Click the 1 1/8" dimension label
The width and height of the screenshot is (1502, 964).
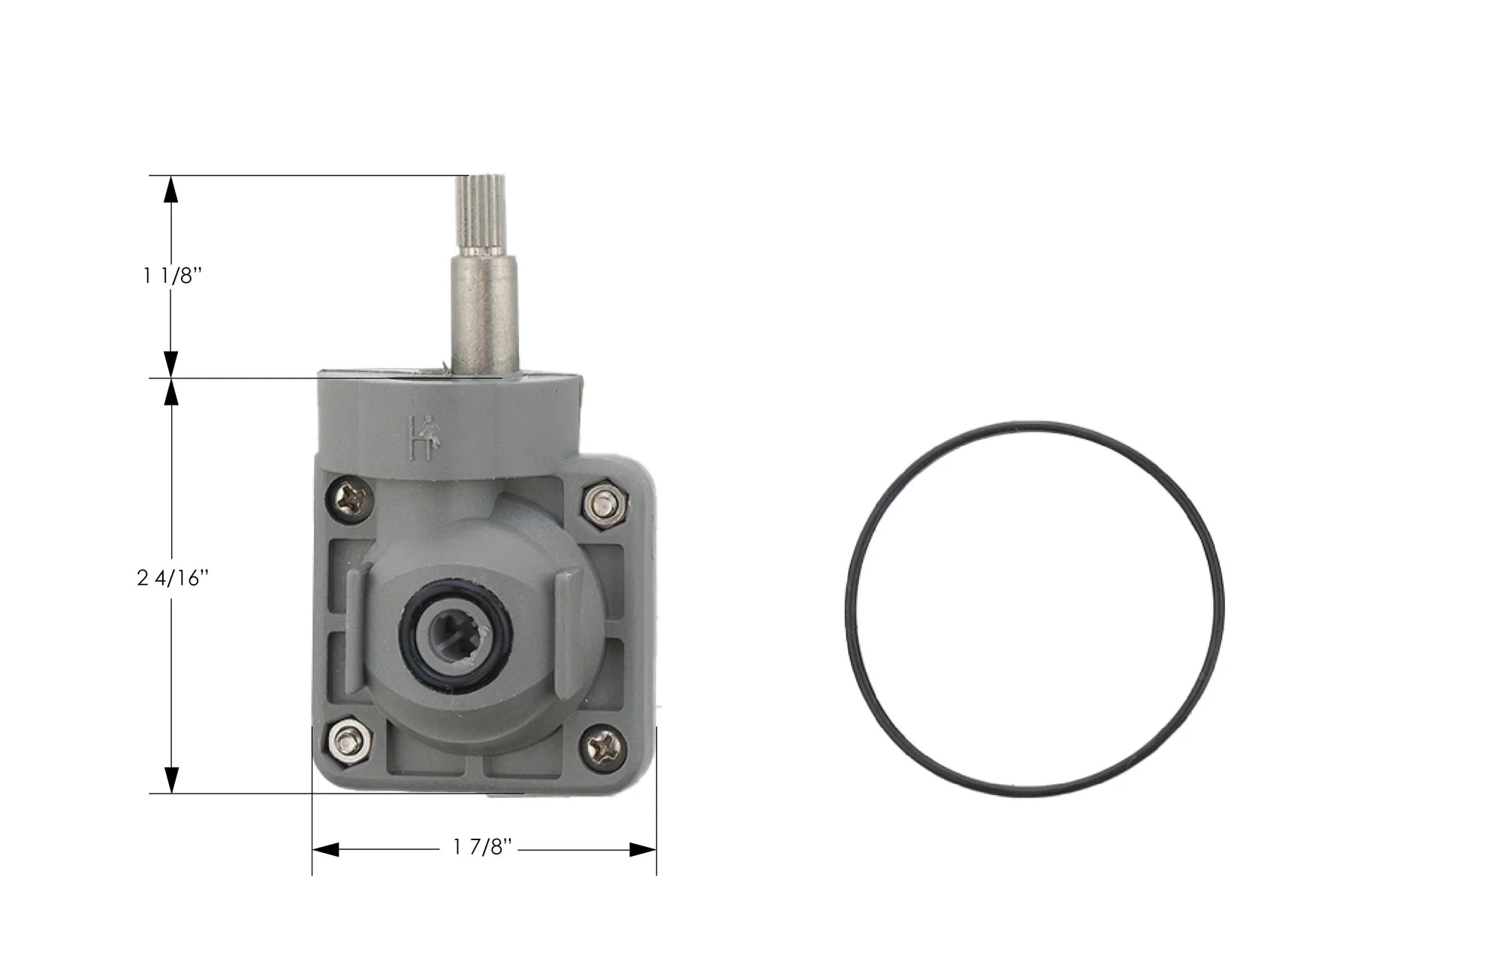pyautogui.click(x=173, y=276)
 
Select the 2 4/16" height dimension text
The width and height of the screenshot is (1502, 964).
pyautogui.click(x=172, y=579)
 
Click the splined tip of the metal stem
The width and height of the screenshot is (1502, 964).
pyautogui.click(x=484, y=213)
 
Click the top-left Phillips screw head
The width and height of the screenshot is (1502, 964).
pyautogui.click(x=352, y=497)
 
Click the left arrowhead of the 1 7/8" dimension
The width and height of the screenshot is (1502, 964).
pyautogui.click(x=325, y=850)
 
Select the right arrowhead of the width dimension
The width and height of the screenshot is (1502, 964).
pyautogui.click(x=642, y=850)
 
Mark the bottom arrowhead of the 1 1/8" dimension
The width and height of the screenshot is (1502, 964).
pyautogui.click(x=172, y=364)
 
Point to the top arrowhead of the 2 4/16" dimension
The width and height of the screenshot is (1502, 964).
pyautogui.click(x=172, y=391)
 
